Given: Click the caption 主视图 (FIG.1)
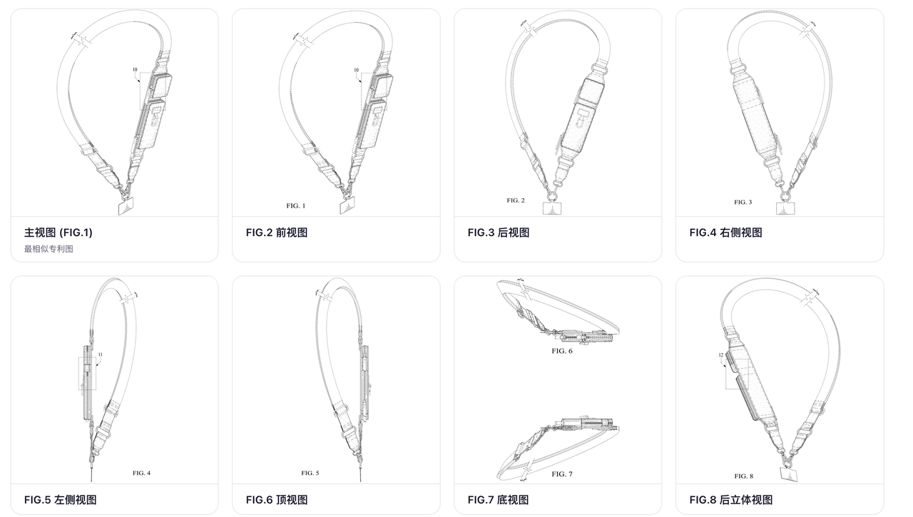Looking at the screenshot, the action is click(58, 232).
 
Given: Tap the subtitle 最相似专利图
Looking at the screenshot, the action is click(49, 249).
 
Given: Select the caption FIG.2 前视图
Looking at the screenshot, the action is click(277, 232).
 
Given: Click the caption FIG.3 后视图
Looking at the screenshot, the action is click(499, 232).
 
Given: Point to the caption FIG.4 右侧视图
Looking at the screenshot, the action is click(725, 232).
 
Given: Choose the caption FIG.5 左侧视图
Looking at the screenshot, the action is click(61, 500).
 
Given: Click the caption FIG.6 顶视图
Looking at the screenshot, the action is click(277, 500).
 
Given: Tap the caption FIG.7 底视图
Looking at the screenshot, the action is click(498, 500).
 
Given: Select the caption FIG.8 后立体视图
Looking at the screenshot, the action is click(731, 500).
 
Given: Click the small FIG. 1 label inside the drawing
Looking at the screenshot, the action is click(295, 206).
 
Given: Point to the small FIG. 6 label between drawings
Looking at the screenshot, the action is click(561, 351).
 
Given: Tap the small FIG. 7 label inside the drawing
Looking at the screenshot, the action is click(561, 474).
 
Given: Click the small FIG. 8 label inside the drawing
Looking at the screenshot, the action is click(743, 476).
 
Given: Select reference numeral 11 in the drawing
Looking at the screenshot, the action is click(101, 355).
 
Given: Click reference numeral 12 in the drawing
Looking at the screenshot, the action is click(720, 355).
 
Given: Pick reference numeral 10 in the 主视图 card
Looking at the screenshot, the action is click(135, 70).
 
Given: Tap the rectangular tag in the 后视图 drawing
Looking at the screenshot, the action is click(552, 208).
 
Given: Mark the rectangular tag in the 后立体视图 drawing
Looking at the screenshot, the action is click(789, 475).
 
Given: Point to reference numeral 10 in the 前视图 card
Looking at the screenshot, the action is click(356, 70).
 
